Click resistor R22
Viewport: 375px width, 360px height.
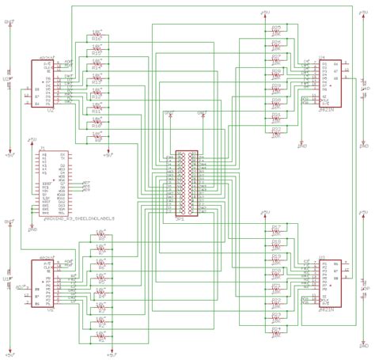point(277,131)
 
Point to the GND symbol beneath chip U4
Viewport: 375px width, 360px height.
point(301,146)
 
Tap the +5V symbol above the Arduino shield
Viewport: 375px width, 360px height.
point(32,141)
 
